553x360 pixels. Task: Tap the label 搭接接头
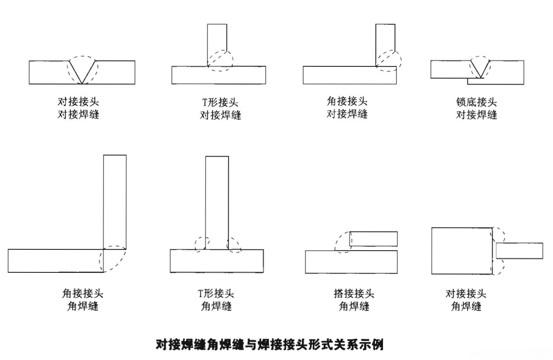click(x=353, y=294)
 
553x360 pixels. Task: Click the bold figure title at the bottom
click(x=269, y=345)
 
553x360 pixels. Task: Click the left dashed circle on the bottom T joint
click(x=202, y=244)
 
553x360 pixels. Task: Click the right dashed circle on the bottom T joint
click(x=234, y=245)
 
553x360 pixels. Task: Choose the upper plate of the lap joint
click(x=373, y=239)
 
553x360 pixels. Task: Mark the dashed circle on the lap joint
click(x=343, y=242)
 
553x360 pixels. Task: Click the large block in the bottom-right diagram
click(x=461, y=251)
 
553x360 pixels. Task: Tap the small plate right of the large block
click(x=519, y=251)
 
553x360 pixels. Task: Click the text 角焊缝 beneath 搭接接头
click(x=353, y=306)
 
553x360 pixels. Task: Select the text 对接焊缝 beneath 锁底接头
click(x=476, y=115)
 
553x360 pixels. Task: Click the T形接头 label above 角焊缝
click(x=216, y=294)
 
